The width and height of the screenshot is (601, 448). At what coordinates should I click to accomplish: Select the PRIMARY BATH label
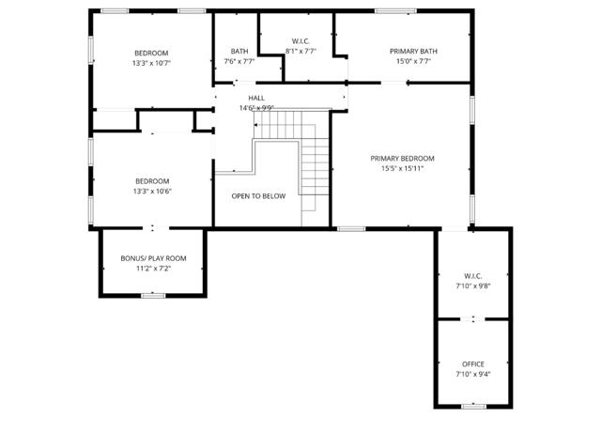point(414,52)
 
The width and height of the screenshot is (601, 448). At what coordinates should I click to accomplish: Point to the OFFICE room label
point(473,363)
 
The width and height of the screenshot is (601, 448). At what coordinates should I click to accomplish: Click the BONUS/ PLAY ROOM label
point(153,258)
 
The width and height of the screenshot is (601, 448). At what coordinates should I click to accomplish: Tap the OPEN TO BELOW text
point(258,196)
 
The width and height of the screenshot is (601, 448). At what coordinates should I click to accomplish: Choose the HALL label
point(256,98)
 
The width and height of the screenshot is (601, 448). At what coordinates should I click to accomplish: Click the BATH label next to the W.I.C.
point(239,52)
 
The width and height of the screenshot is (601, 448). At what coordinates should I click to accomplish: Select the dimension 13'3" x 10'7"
point(151,63)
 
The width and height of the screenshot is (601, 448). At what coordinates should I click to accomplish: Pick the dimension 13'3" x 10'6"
point(151,191)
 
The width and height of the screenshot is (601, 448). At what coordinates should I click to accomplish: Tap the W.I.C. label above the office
point(472,276)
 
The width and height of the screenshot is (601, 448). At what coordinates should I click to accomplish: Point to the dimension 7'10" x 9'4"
point(473,374)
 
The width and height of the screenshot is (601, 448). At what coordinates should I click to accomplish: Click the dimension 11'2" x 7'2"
point(153,269)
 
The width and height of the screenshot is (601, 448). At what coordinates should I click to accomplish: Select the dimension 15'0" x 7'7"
point(414,62)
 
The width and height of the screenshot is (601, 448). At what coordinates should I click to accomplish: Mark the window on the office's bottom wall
point(473,406)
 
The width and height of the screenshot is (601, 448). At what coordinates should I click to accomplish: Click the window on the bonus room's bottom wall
point(153,295)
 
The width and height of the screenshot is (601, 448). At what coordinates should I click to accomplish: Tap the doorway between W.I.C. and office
point(473,319)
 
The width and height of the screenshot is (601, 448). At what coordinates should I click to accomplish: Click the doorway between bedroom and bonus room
point(153,227)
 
